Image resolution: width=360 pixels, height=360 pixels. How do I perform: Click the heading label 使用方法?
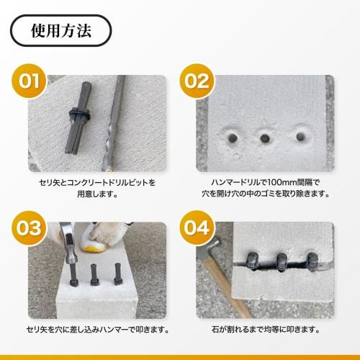point(60,31)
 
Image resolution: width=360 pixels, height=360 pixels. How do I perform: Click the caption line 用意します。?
point(97,194)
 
